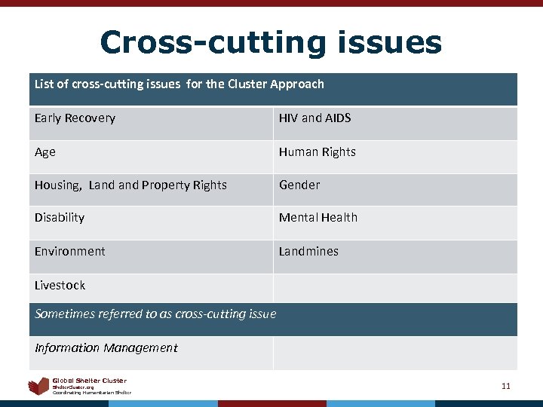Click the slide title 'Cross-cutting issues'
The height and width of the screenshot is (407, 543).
[271, 42]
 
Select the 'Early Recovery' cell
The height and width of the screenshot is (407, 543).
[75, 118]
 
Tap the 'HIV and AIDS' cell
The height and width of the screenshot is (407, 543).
[314, 118]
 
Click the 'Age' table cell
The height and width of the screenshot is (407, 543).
[45, 152]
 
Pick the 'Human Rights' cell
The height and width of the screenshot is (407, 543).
[317, 152]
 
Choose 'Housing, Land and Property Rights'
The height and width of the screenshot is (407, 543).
[130, 185]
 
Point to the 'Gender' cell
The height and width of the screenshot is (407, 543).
[299, 185]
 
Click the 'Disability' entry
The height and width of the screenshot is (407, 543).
[60, 218]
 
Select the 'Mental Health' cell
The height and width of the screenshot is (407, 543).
[318, 218]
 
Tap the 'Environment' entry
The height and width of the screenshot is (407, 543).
[69, 252]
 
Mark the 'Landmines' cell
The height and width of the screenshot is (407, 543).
[308, 252]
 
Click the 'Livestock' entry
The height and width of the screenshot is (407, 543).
[60, 286]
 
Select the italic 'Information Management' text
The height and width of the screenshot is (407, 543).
[106, 348]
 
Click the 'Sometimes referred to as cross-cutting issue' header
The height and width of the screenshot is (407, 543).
[155, 314]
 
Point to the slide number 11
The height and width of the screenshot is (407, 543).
[506, 387]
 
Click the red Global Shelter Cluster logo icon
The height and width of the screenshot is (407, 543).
[38, 387]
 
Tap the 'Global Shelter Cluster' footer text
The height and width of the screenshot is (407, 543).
[89, 381]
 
